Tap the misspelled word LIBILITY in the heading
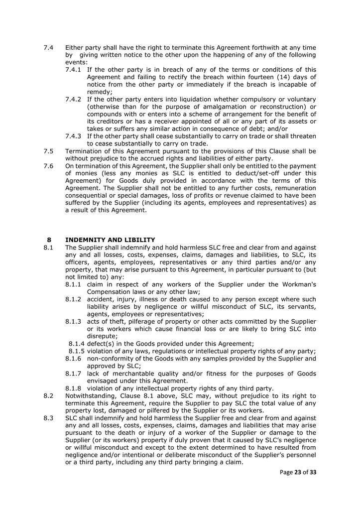140,240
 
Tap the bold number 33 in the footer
313,472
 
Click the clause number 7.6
48,166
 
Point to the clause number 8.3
48,418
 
